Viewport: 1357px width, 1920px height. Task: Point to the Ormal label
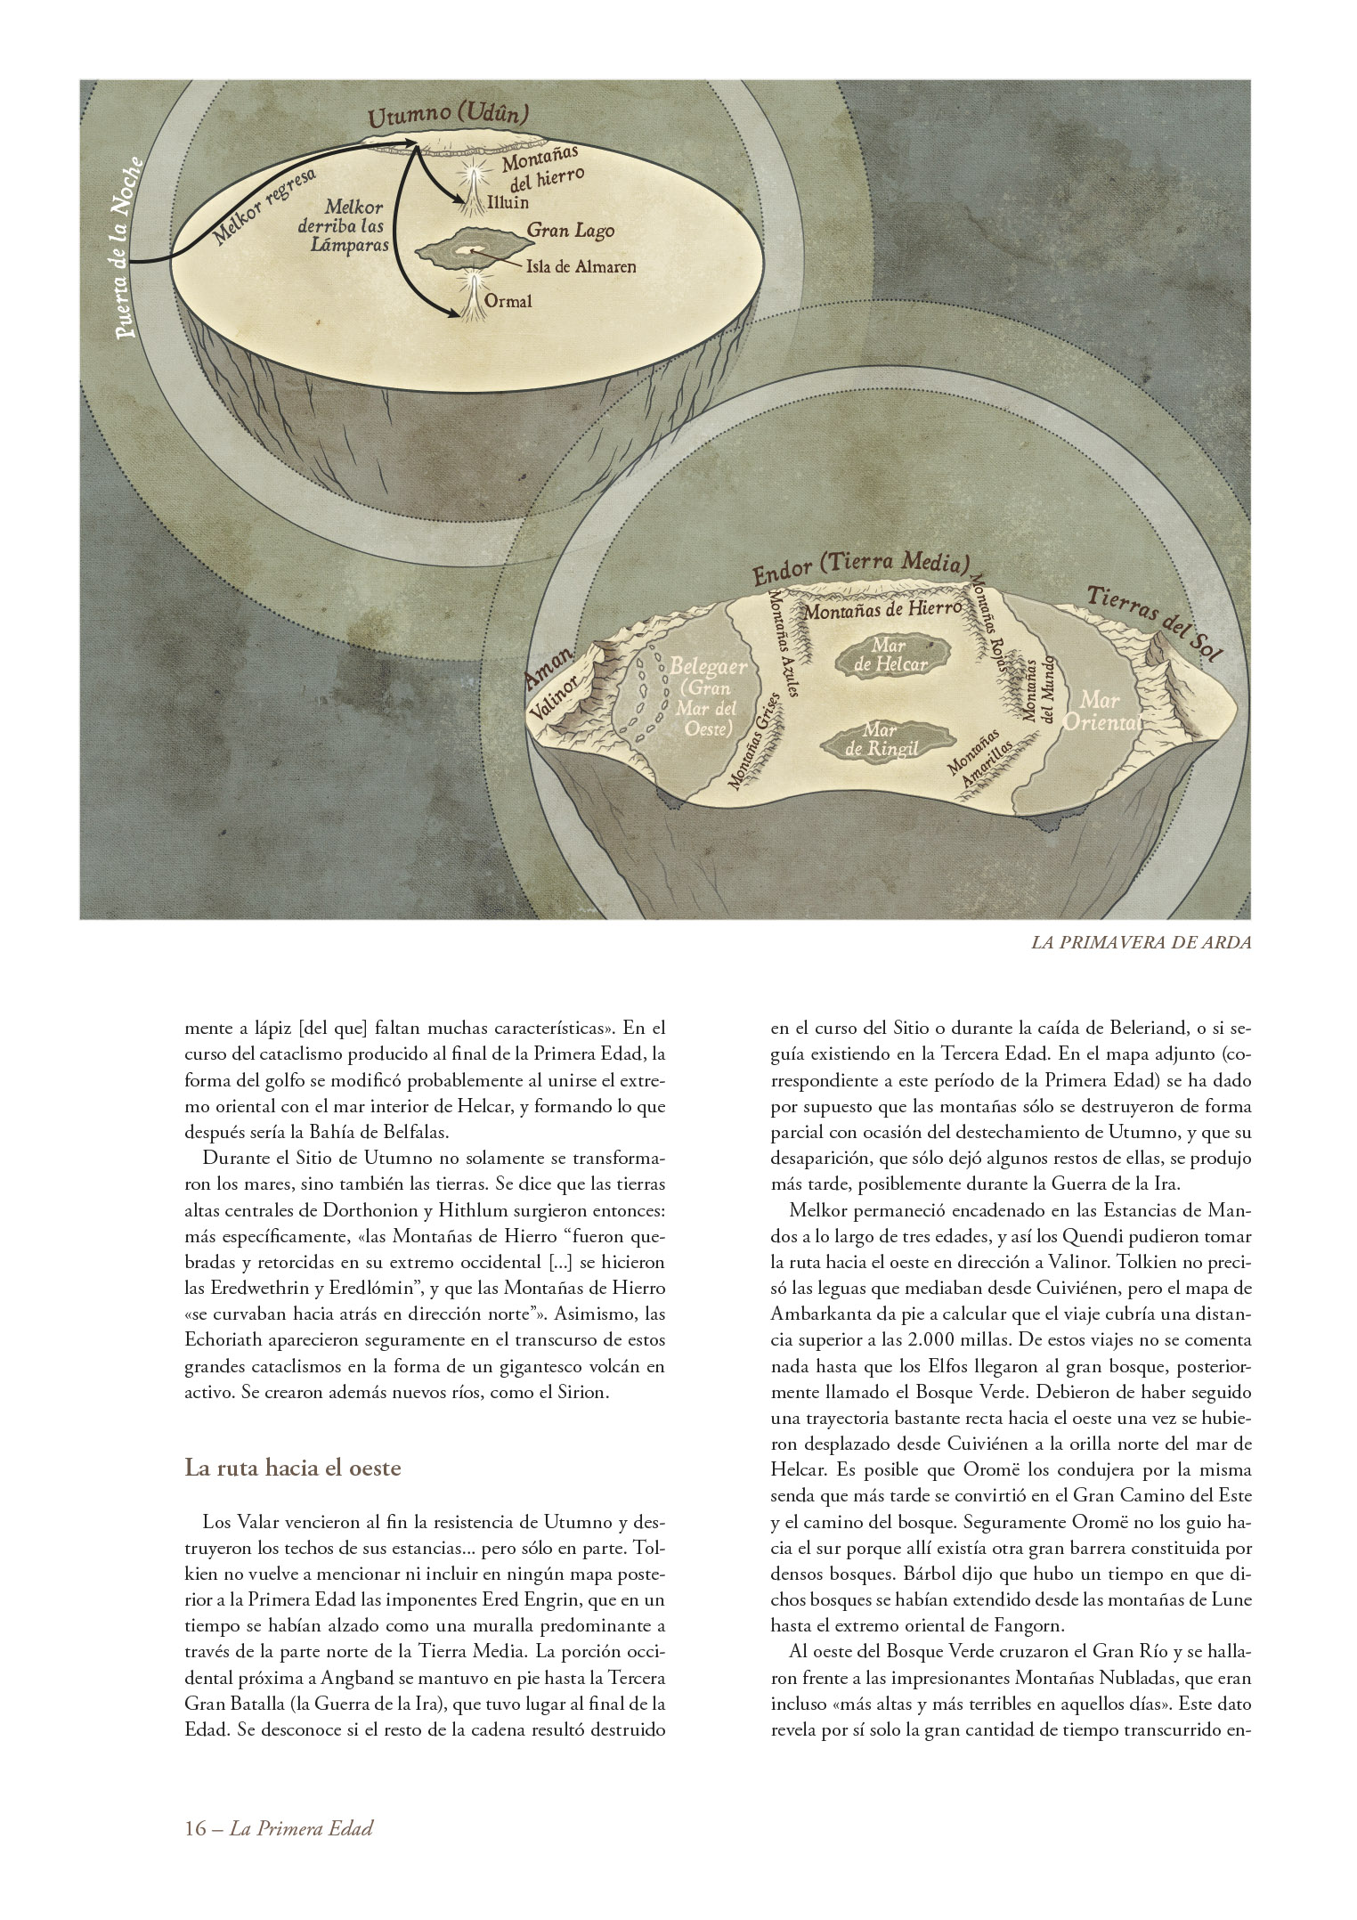pos(508,301)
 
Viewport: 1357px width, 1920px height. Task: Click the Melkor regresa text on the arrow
pos(266,207)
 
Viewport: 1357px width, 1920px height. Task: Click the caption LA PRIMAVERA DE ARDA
pos(1141,943)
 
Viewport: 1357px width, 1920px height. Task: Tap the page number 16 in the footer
pos(194,1829)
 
